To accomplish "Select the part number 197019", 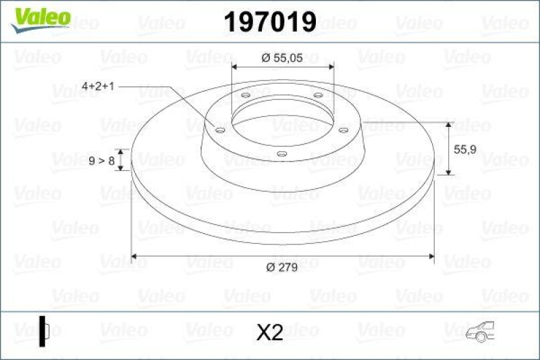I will tap(269, 22).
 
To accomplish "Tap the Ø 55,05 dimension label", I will tap(283, 58).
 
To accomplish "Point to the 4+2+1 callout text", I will tap(99, 86).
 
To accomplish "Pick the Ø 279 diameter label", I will tap(282, 268).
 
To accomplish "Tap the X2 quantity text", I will tap(269, 332).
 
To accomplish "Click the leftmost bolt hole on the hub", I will tap(219, 130).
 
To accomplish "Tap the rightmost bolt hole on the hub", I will tap(342, 130).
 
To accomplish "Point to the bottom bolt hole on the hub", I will tap(281, 154).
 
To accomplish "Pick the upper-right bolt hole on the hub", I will tap(317, 95).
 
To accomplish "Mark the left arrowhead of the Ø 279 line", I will tap(135, 256).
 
